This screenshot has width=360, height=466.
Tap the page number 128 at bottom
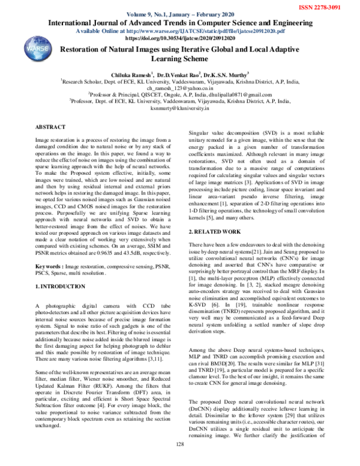(179, 460)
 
